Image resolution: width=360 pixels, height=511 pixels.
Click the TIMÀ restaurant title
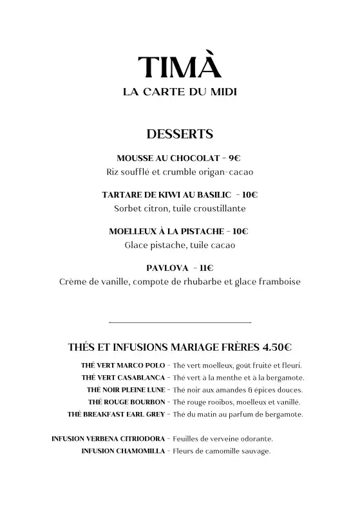pos(180,68)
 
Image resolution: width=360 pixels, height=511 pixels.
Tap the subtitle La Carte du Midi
pos(180,93)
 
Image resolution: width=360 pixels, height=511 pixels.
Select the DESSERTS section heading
pos(180,135)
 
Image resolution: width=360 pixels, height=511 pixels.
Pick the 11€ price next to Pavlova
pos(206,268)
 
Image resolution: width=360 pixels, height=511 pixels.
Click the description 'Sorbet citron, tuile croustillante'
pos(180,209)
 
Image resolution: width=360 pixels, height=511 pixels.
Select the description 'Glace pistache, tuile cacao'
pos(180,245)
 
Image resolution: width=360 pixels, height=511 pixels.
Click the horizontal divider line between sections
pos(180,322)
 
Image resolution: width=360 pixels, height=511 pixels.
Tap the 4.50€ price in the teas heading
pos(277,348)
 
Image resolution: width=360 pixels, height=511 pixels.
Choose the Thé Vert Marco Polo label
pos(123,366)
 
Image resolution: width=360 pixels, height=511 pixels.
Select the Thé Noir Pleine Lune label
pos(126,390)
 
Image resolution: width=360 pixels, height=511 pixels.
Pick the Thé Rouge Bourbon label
pos(127,402)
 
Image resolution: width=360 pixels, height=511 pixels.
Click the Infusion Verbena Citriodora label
pos(108,439)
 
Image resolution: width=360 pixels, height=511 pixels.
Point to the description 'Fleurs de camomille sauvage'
pos(222,451)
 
